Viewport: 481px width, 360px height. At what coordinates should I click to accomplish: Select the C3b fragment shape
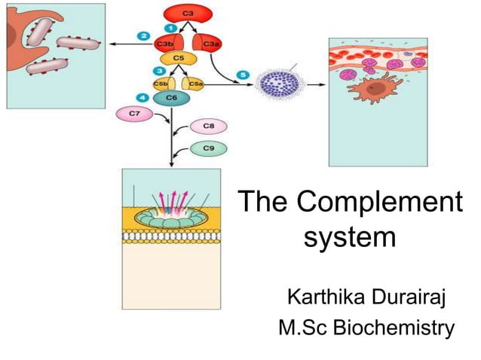[x=166, y=44]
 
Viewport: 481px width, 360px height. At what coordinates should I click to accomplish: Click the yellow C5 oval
[x=178, y=59]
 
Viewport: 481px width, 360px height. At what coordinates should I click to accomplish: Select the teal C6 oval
[x=172, y=98]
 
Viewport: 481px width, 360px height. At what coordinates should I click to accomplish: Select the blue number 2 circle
[x=142, y=35]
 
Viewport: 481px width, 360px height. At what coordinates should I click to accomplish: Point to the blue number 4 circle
[x=145, y=96]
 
